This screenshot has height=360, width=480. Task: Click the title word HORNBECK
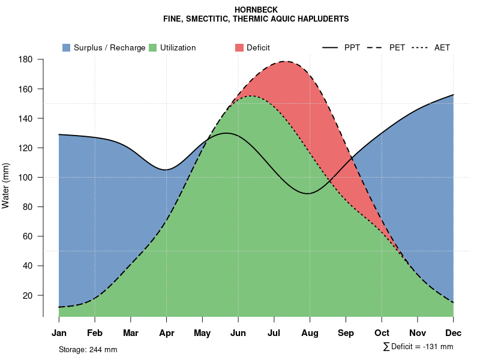click(256, 10)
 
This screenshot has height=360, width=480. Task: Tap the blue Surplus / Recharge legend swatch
click(67, 47)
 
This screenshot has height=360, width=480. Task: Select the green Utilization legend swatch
click(152, 47)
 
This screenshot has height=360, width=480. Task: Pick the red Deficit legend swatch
click(239, 47)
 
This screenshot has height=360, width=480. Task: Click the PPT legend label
click(352, 47)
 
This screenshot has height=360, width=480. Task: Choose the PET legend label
click(397, 47)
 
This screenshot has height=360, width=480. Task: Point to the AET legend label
click(442, 47)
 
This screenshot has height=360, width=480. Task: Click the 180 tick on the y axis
click(25, 59)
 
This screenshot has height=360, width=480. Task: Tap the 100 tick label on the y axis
click(25, 178)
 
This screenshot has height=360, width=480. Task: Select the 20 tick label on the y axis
click(27, 295)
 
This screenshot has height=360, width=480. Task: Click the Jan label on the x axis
click(59, 333)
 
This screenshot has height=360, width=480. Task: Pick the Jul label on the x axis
click(274, 333)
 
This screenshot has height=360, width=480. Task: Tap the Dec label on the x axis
click(454, 333)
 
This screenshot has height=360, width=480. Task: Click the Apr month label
click(166, 333)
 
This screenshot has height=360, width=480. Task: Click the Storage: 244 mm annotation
click(88, 349)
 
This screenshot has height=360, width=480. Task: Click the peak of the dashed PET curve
click(286, 61)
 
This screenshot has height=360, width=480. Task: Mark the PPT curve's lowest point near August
click(308, 193)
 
